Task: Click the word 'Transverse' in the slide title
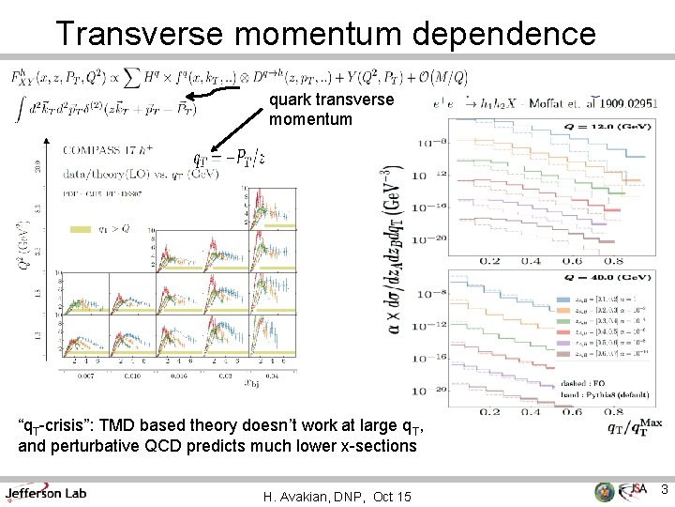142,33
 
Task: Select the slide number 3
663,489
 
